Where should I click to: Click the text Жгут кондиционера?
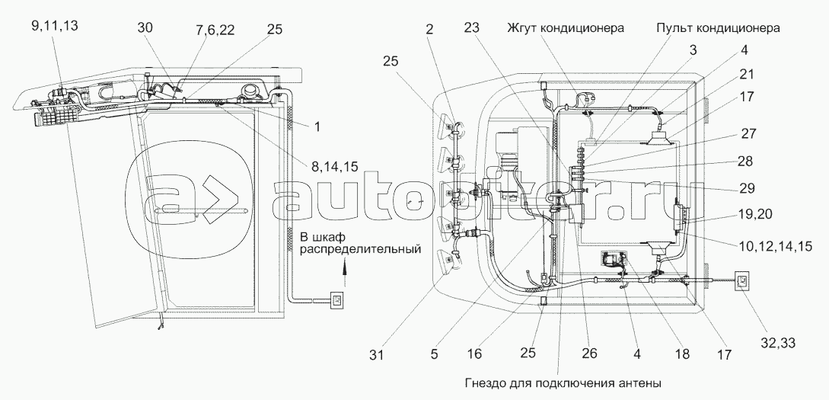click(x=566, y=28)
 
